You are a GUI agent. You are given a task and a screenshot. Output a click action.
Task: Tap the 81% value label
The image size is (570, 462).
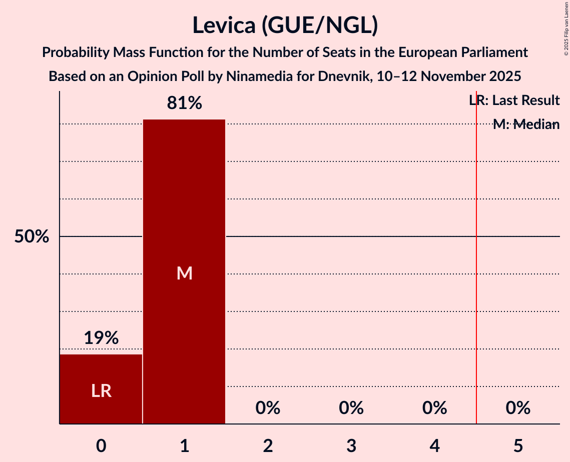click(184, 103)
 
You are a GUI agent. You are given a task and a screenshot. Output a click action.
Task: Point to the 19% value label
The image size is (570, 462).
click(101, 338)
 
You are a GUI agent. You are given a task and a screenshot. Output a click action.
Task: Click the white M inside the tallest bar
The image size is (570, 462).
click(184, 273)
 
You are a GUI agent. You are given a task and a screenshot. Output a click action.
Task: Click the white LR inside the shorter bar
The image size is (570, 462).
click(101, 391)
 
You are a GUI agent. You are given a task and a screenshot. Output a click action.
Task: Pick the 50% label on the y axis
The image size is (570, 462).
click(32, 237)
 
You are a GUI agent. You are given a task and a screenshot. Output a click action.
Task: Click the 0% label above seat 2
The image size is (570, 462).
click(268, 408)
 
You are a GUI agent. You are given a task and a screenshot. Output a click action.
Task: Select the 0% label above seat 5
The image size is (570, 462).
click(518, 408)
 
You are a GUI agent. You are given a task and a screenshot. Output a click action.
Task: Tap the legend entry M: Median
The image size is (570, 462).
click(526, 124)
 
